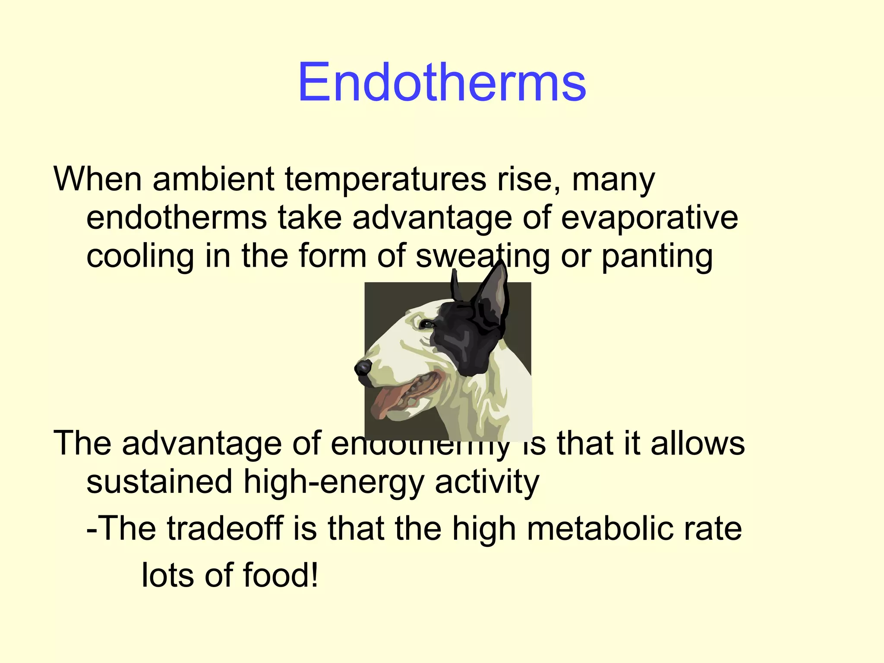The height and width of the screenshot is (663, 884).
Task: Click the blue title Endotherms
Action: click(442, 82)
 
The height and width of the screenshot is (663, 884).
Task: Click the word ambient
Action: click(213, 179)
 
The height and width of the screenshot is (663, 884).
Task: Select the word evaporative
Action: click(649, 218)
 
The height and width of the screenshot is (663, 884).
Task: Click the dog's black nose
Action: click(363, 367)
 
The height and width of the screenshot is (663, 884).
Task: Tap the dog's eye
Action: click(427, 324)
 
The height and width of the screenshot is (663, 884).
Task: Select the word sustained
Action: click(159, 482)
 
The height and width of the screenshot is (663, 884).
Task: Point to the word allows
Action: click(698, 444)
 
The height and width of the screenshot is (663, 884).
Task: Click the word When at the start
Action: click(98, 179)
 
